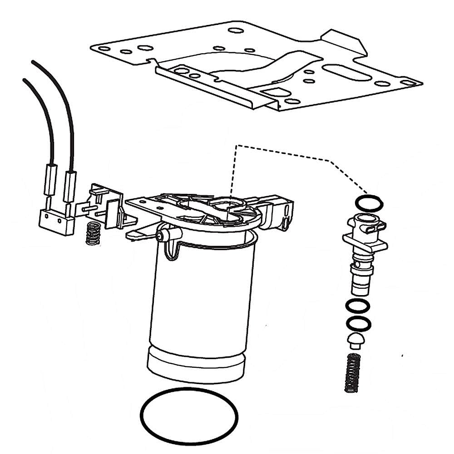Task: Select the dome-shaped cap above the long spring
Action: tap(355, 340)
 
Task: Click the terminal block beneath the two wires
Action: tap(57, 222)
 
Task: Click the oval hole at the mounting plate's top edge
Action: tap(236, 31)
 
